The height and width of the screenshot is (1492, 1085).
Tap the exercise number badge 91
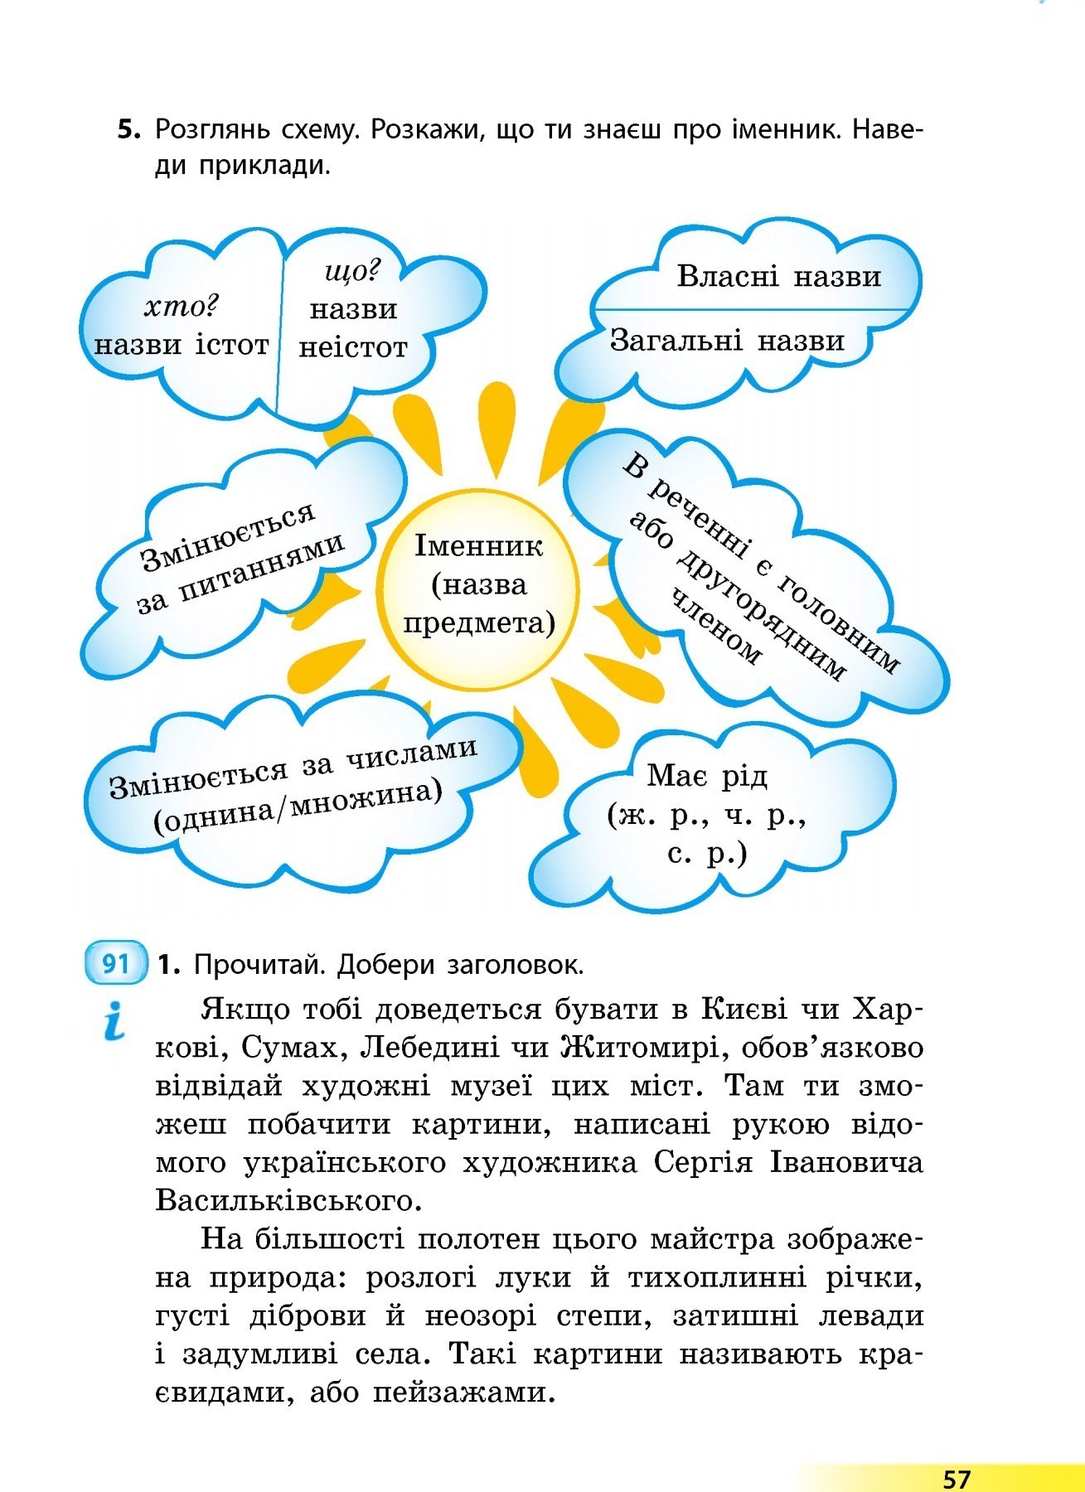click(x=116, y=964)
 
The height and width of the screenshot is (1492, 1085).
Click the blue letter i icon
click(x=114, y=1020)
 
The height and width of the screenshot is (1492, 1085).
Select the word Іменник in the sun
click(x=479, y=546)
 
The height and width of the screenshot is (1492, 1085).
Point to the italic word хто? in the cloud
click(x=181, y=308)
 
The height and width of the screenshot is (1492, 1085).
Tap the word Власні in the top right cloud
click(x=728, y=276)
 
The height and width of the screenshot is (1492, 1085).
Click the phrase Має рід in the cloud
click(x=707, y=777)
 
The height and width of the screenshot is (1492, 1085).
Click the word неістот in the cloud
click(x=353, y=347)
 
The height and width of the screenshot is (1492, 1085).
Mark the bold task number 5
click(x=128, y=130)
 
